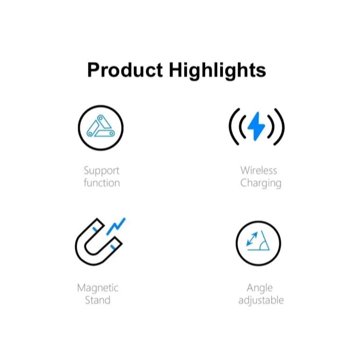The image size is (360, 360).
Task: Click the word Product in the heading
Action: (x=125, y=70)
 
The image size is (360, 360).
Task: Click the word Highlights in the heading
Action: (x=217, y=70)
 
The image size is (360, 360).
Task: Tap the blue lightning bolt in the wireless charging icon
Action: (x=257, y=126)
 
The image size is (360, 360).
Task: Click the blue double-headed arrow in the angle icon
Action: (x=252, y=240)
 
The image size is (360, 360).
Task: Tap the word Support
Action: (x=102, y=170)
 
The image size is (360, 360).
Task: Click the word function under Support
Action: (x=102, y=183)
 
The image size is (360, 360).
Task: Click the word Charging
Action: (x=261, y=183)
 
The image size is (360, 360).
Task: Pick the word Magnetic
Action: (x=98, y=288)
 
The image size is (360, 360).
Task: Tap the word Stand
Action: (x=98, y=300)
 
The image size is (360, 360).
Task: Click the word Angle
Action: (x=260, y=288)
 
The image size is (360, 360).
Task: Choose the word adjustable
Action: (x=261, y=300)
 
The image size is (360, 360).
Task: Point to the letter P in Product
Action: (x=93, y=70)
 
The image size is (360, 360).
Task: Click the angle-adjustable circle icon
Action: (x=258, y=243)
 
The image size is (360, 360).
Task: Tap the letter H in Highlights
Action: (x=175, y=70)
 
